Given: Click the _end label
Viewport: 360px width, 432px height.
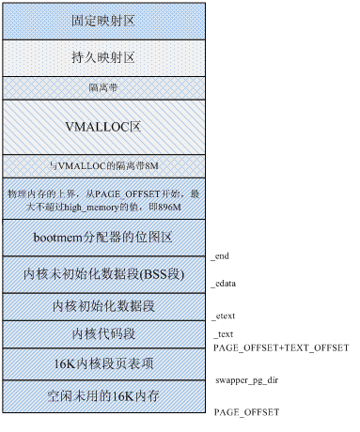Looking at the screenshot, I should click(x=222, y=255).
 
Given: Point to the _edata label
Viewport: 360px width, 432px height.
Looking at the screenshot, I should click(x=226, y=283).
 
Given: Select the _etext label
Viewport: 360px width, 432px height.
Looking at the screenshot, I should click(x=225, y=318).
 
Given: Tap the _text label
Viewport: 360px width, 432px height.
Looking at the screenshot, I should click(x=223, y=335).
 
